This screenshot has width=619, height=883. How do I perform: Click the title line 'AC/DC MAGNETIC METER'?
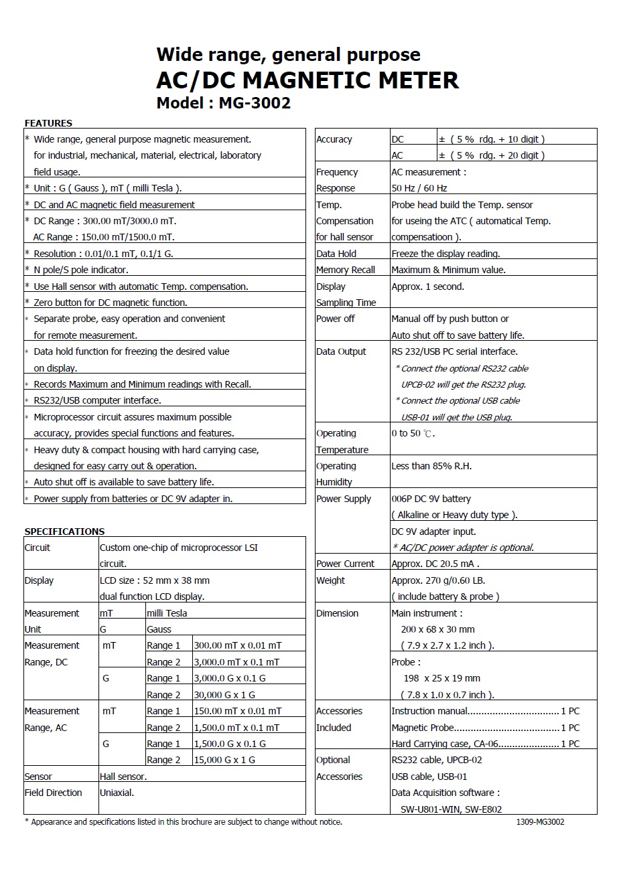(307, 80)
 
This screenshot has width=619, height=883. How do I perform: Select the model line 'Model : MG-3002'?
(223, 103)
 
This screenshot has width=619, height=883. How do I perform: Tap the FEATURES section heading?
(48, 123)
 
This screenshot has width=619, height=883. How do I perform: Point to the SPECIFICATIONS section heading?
(64, 532)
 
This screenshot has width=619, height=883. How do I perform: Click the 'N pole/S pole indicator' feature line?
(80, 270)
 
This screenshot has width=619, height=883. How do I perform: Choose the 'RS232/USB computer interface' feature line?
(97, 400)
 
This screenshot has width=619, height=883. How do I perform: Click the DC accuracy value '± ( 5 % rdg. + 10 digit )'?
(492, 139)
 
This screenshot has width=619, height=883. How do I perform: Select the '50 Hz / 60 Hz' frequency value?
(419, 188)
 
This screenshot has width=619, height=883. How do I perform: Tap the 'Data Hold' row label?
(336, 254)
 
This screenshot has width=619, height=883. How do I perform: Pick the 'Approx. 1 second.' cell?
(427, 287)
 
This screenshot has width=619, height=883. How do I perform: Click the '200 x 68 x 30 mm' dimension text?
(438, 629)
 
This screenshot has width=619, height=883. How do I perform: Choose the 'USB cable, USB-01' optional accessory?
(429, 777)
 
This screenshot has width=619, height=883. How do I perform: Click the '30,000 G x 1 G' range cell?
(224, 695)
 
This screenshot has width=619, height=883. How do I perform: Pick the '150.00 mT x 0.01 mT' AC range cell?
(238, 711)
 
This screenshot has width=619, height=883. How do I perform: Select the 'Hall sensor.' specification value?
(123, 777)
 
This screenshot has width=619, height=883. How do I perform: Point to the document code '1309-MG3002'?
(541, 821)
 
